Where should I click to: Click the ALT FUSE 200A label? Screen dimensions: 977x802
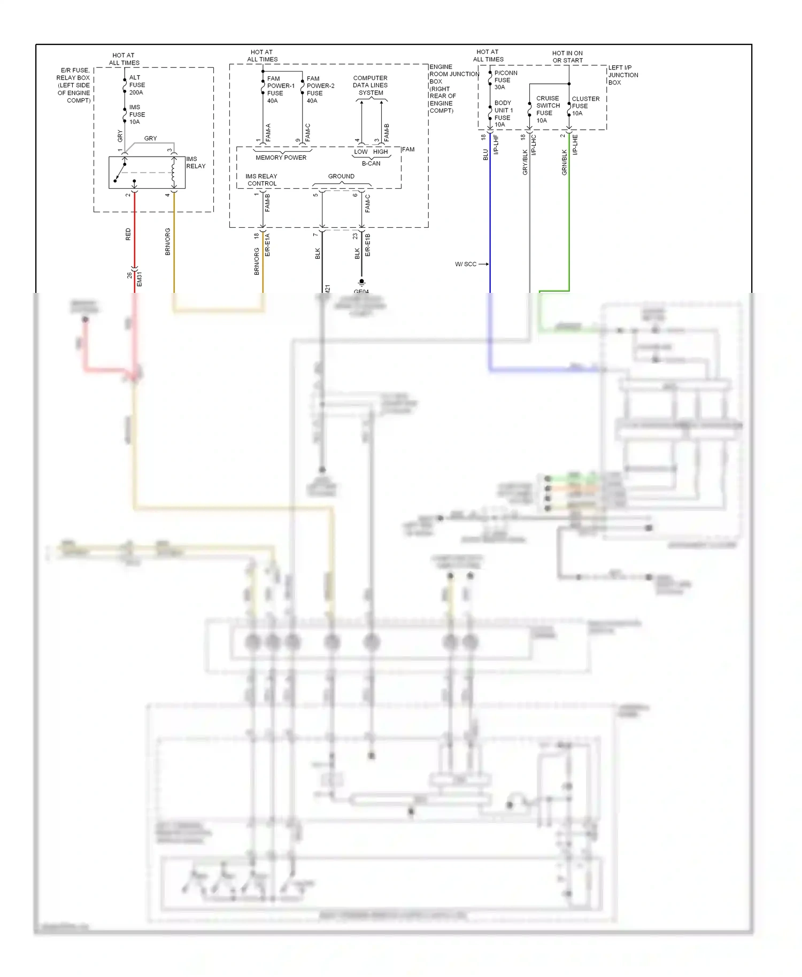pos(136,85)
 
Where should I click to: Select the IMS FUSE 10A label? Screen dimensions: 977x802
pos(136,114)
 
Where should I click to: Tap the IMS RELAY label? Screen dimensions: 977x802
pos(195,162)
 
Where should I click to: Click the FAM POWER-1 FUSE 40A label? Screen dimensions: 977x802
pos(280,89)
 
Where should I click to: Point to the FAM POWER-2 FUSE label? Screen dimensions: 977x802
pos(320,89)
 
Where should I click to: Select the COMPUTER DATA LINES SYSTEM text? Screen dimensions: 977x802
pos(371,86)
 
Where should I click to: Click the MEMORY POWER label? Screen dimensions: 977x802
pos(281,158)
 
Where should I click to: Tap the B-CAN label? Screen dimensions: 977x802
pos(371,164)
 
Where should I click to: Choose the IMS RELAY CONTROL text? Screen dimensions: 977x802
pos(261,180)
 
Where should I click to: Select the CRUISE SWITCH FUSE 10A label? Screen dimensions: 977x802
pos(547,110)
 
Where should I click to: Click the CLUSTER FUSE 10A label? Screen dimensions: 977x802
pos(585,106)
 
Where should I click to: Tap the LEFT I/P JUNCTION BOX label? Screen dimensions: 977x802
pos(623,75)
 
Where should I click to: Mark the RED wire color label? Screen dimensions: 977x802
pos(128,234)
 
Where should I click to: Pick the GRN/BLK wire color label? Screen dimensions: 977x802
pos(565,162)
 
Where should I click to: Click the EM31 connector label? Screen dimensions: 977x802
pos(140,279)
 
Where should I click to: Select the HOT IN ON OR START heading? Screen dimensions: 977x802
pos(567,57)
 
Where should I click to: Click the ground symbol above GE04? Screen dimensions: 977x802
pos(362,282)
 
